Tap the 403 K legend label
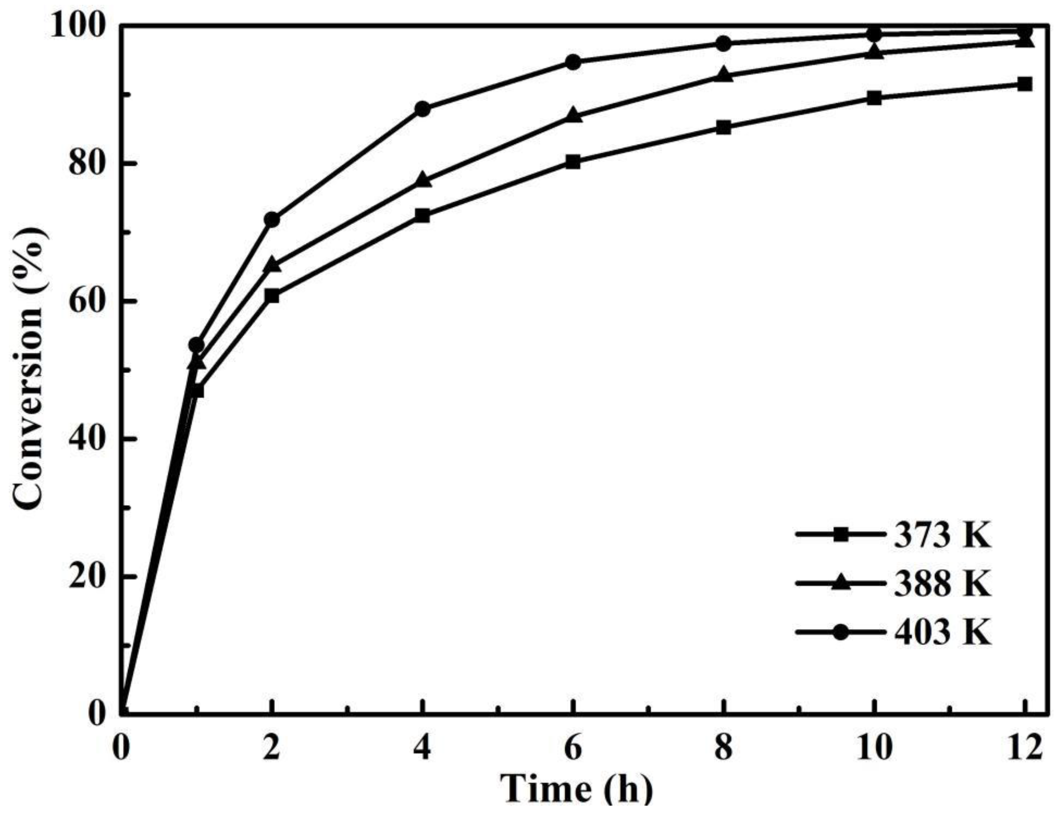coord(942,633)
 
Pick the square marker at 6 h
coord(573,162)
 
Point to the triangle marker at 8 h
coord(724,75)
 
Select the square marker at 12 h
coord(1025,84)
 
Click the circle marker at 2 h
coord(272,220)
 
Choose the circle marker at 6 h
coord(573,62)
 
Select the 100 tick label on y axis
coord(80,26)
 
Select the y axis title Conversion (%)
coord(30,370)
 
